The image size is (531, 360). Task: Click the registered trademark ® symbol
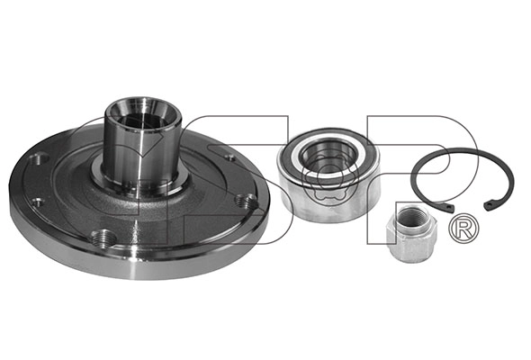[x=463, y=228]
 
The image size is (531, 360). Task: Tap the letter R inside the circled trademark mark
[x=464, y=229]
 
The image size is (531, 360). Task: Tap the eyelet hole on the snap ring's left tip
[x=449, y=207]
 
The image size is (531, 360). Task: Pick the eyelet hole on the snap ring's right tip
[x=489, y=204]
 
